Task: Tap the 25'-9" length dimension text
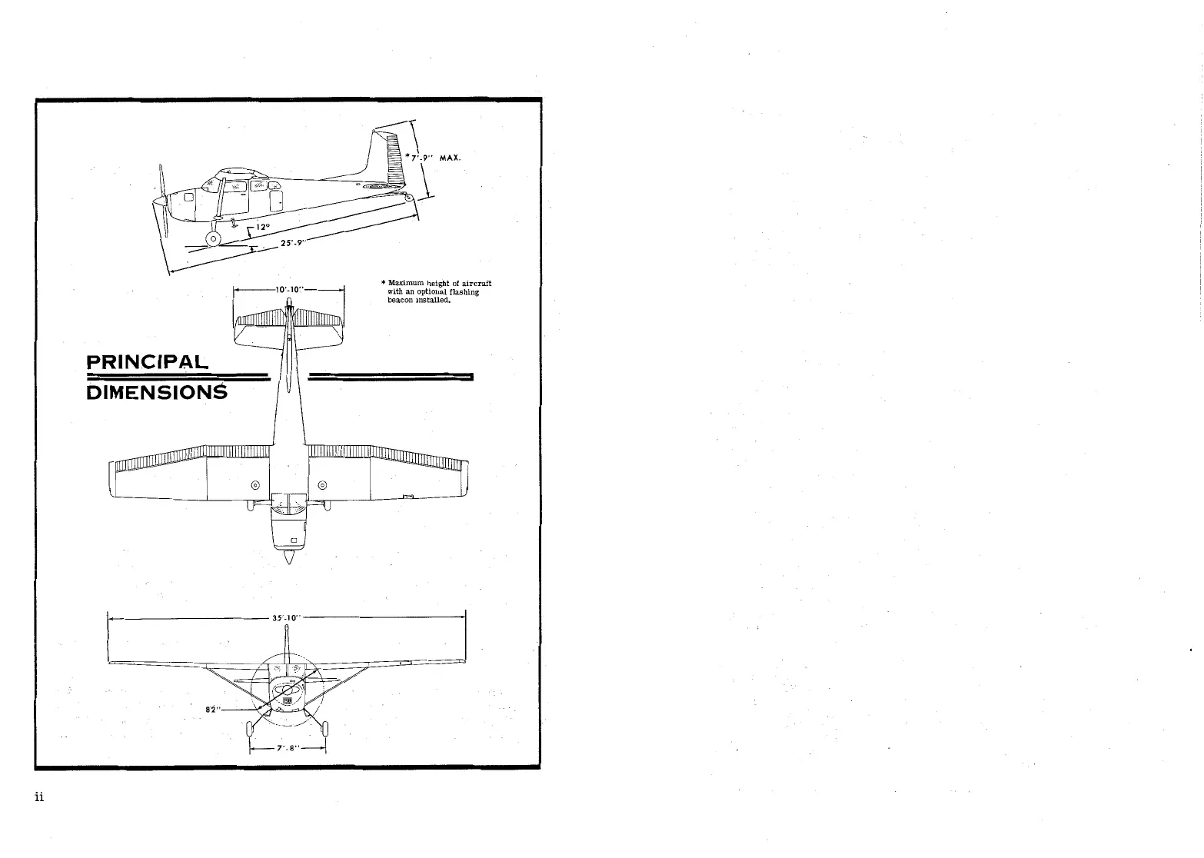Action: (x=294, y=244)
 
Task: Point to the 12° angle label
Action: (x=264, y=228)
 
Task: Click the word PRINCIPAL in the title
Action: (x=148, y=361)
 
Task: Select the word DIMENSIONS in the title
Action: (x=158, y=392)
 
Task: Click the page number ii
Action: (x=39, y=796)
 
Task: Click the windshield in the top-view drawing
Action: (x=288, y=504)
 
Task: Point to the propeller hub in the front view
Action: (x=288, y=690)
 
